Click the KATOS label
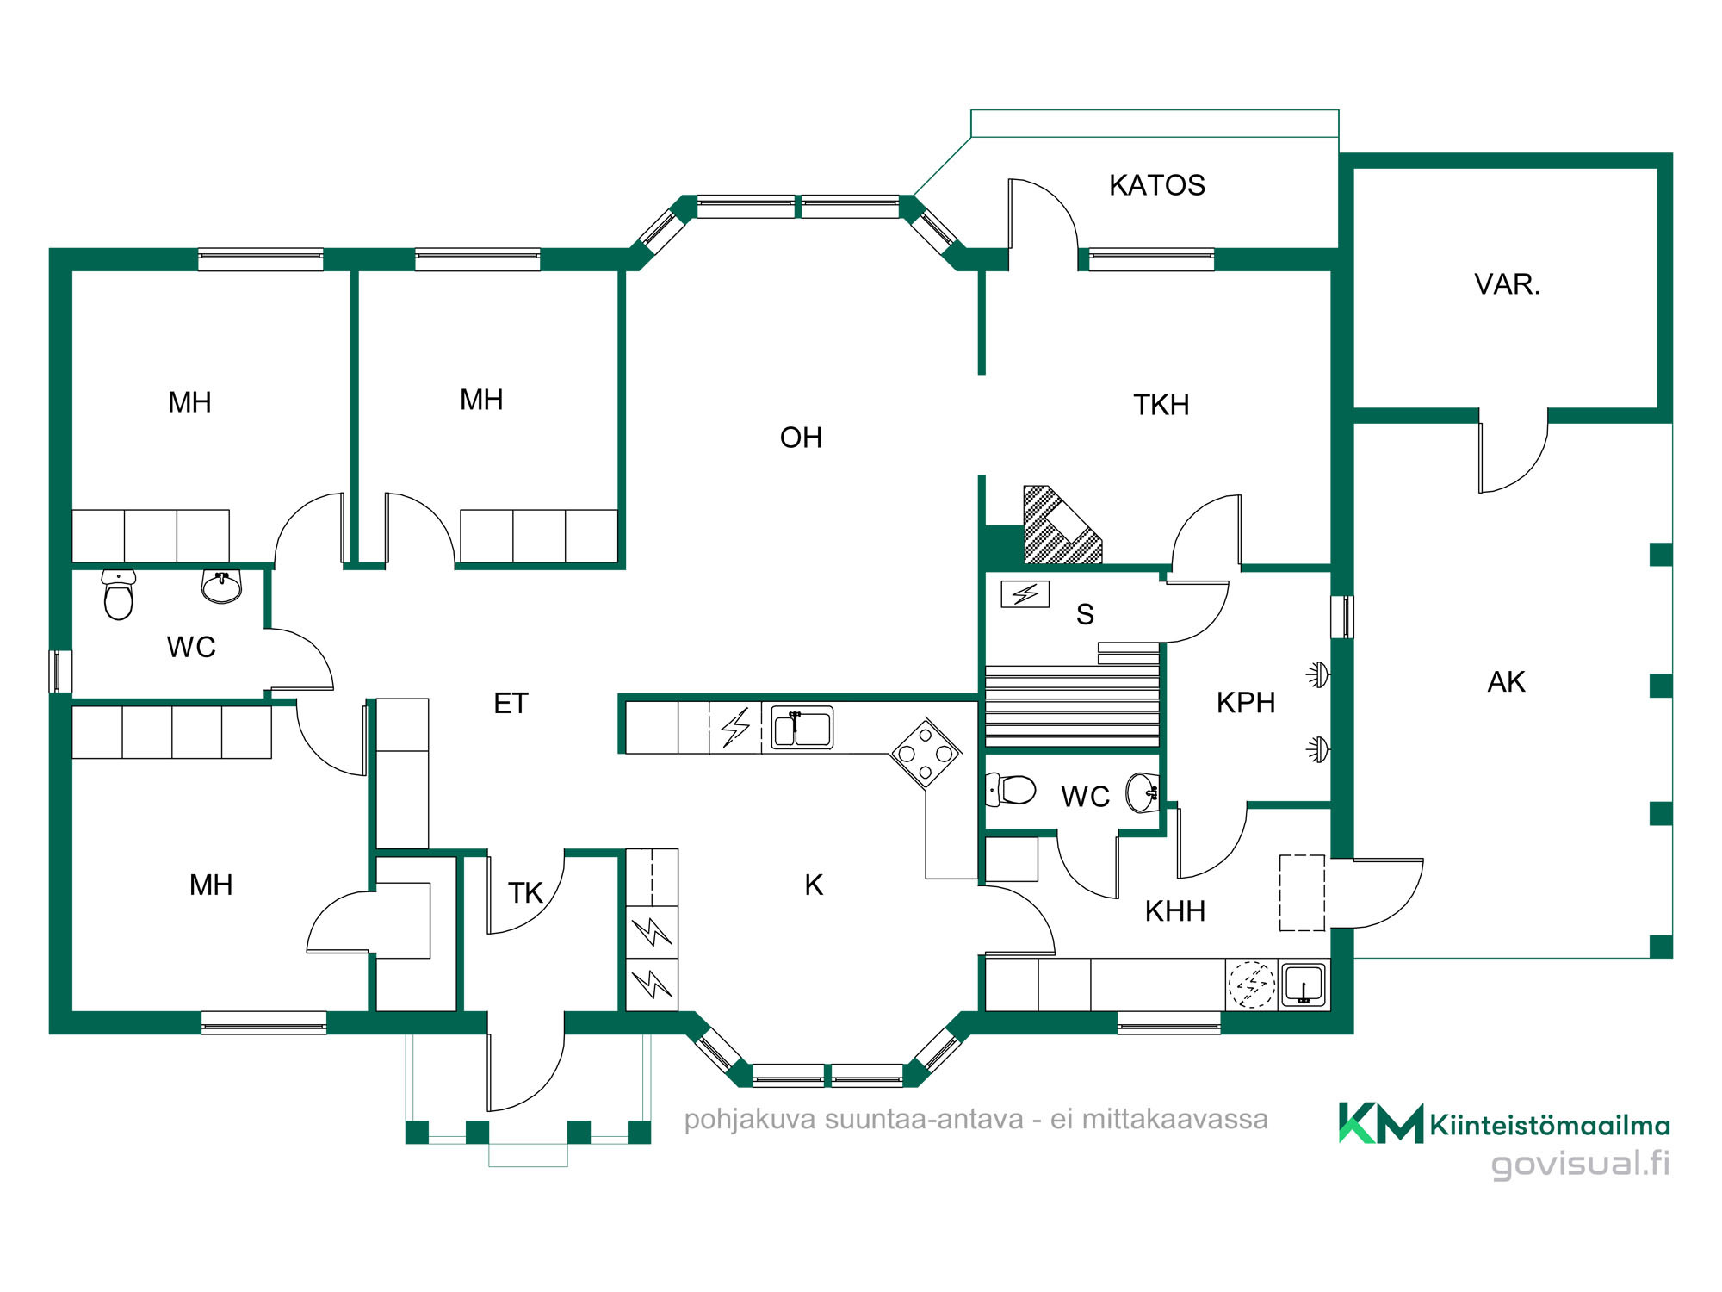point(1156,185)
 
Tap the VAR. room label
point(1507,284)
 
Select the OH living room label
point(801,438)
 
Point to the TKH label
point(1161,405)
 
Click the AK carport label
point(1506,682)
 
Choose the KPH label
point(1246,703)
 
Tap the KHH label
point(1174,911)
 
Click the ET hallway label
point(511,704)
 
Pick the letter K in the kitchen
point(814,885)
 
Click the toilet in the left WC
point(119,594)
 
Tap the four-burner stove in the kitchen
point(926,754)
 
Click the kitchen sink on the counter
point(802,728)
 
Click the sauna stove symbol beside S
point(1025,594)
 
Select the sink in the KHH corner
point(1304,985)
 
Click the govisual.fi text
point(1580,1163)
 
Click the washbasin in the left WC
point(222,587)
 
